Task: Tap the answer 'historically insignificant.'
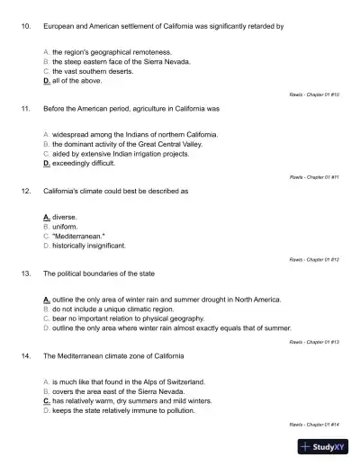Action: click(88, 245)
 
